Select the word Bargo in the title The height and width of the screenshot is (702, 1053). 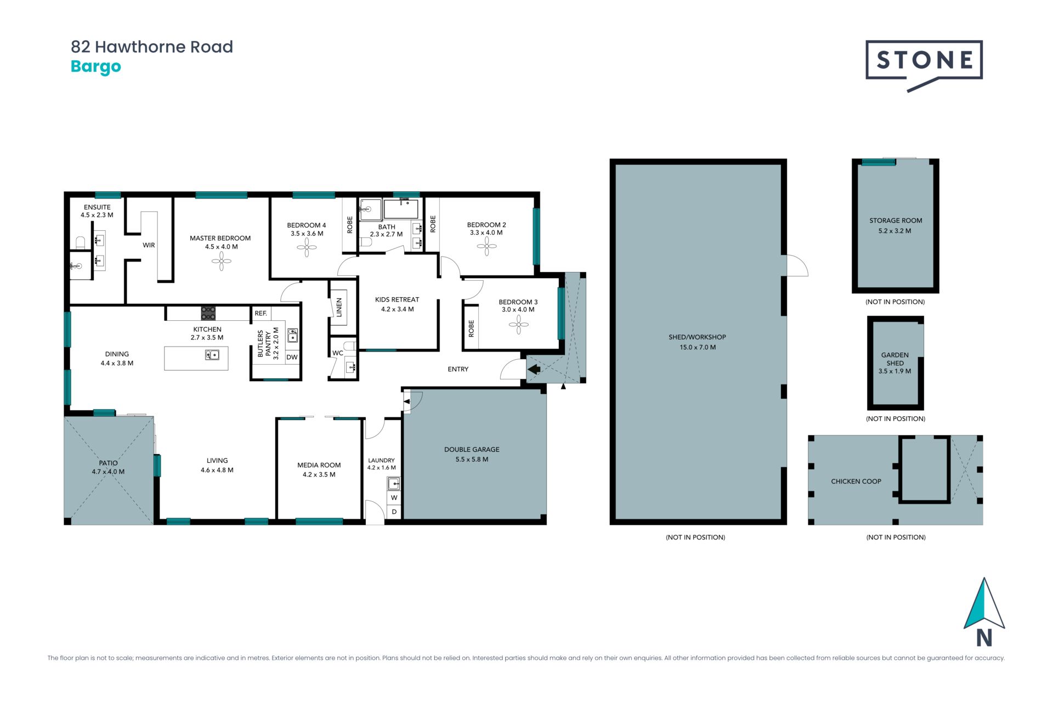click(96, 67)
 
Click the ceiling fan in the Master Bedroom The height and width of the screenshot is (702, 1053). click(222, 262)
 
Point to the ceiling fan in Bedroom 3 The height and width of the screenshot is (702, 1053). click(518, 325)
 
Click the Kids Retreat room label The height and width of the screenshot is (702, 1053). click(397, 304)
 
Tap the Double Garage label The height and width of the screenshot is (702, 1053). click(472, 454)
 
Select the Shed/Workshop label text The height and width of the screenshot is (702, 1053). click(697, 342)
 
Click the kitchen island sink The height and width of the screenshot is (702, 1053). click(212, 355)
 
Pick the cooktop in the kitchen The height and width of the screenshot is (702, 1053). click(208, 313)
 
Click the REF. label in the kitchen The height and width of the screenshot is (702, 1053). click(261, 313)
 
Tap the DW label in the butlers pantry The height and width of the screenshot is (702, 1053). click(292, 357)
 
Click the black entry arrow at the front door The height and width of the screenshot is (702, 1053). click(534, 369)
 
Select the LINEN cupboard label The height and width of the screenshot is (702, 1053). click(339, 307)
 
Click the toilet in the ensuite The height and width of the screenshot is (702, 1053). click(80, 242)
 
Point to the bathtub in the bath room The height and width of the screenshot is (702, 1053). click(401, 209)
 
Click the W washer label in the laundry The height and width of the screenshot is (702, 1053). click(394, 498)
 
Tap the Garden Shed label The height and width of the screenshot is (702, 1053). click(895, 363)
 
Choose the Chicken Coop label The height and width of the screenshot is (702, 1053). click(856, 482)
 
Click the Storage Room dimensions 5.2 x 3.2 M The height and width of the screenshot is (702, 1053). click(895, 231)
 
